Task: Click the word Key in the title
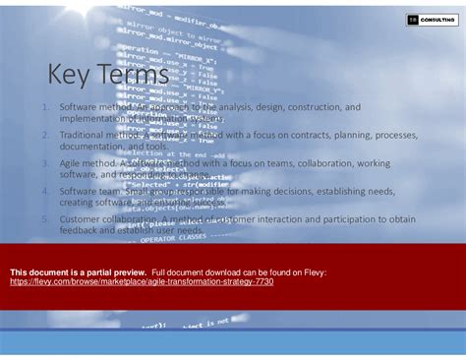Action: (70, 76)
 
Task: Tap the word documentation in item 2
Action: (91, 146)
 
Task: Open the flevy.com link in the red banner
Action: (142, 282)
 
